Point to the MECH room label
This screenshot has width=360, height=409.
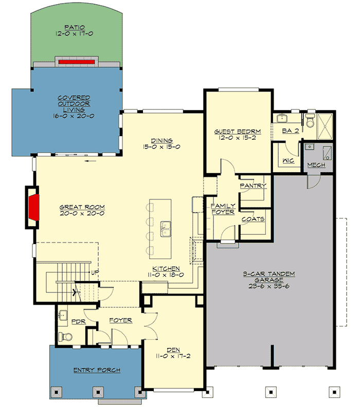click(316, 165)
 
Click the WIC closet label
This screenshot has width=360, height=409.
click(288, 161)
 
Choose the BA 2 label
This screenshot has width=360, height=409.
click(290, 131)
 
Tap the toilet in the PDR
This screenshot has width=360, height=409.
click(65, 337)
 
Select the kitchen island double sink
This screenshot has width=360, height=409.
click(166, 229)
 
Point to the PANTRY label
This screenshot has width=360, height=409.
click(253, 185)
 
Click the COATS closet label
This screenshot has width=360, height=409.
click(253, 219)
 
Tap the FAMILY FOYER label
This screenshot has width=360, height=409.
click(223, 209)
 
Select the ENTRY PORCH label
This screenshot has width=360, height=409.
click(97, 370)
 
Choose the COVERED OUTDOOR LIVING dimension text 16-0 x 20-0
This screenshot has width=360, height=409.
click(74, 116)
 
